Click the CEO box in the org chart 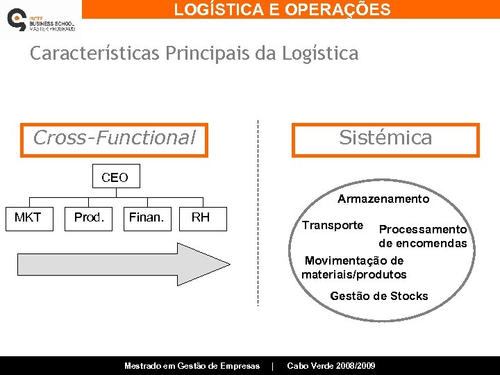coord(115,177)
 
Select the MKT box coord(28,218)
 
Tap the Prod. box coord(89,218)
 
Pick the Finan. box coord(147,218)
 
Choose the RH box coord(200,218)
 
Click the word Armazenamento coord(383,199)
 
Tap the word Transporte coord(332,226)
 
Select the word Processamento coord(422,229)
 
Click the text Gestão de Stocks coord(379,297)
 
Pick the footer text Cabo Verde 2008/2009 coord(331,366)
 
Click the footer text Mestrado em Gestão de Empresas coord(192,366)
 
